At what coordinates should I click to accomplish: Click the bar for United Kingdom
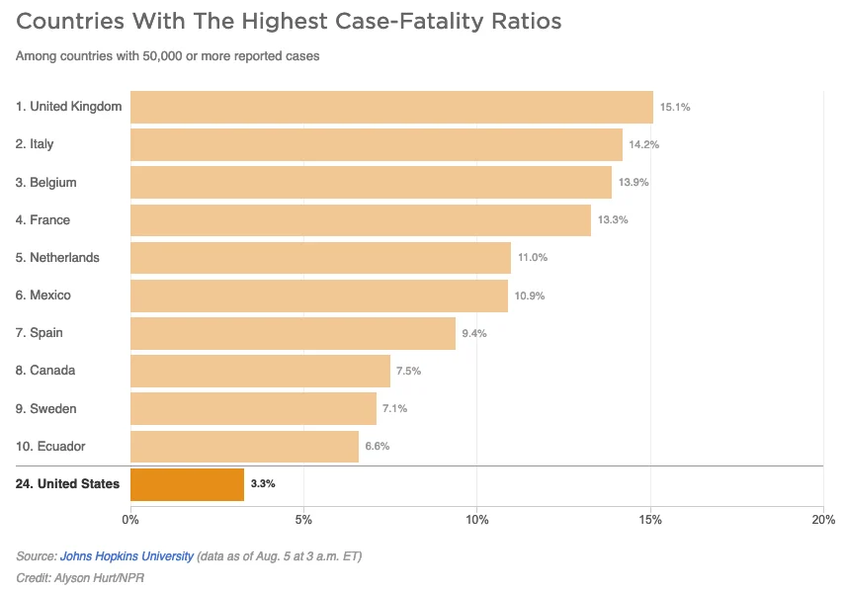coord(391,107)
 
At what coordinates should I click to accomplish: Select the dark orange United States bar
coord(187,484)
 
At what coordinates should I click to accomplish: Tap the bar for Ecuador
coord(244,447)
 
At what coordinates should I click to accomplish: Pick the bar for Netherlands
coord(320,258)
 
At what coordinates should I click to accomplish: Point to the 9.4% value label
coord(474,333)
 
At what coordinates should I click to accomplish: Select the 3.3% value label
coord(263,484)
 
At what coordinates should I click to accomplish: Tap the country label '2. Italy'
coord(35,144)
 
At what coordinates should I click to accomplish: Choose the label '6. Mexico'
coord(43,295)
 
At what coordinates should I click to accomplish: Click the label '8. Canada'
coord(45,371)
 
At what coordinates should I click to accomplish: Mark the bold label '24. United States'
coord(67,484)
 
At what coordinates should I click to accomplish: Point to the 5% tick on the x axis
coord(303,520)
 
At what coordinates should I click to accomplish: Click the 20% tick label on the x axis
coord(822,520)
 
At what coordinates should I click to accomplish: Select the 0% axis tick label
coord(130,520)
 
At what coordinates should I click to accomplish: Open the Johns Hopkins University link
coord(127,556)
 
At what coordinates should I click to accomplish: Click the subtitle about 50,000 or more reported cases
coord(167,56)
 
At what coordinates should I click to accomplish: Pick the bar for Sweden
coord(253,409)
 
